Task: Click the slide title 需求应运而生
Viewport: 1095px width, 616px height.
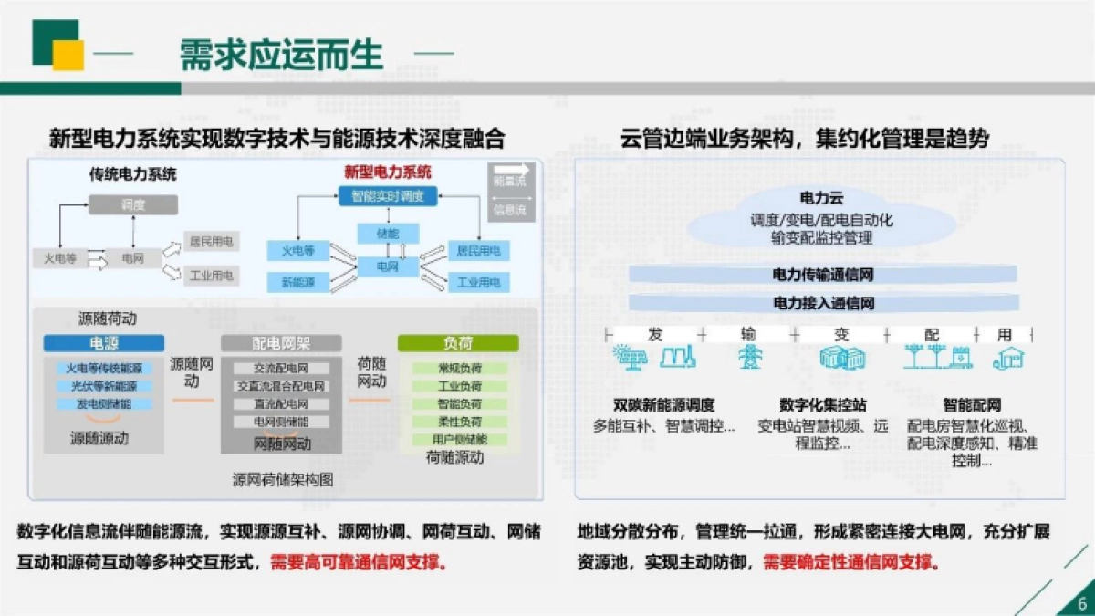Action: pyautogui.click(x=281, y=54)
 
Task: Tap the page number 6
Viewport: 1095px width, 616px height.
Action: pyautogui.click(x=1081, y=602)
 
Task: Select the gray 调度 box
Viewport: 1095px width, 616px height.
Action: pyautogui.click(x=132, y=205)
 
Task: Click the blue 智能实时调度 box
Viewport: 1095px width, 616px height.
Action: pyautogui.click(x=388, y=195)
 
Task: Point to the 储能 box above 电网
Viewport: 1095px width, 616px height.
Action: pyautogui.click(x=388, y=234)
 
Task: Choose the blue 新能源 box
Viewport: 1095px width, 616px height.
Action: pyautogui.click(x=298, y=282)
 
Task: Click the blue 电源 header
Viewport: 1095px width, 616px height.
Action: pyautogui.click(x=103, y=344)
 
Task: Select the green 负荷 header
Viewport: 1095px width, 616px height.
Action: pyautogui.click(x=458, y=344)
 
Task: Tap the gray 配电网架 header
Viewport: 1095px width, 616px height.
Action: pyautogui.click(x=281, y=344)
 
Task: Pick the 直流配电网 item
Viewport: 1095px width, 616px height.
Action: pyautogui.click(x=280, y=403)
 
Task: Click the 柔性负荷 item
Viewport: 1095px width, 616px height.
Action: pyautogui.click(x=459, y=422)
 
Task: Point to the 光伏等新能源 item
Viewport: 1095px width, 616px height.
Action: pyautogui.click(x=104, y=386)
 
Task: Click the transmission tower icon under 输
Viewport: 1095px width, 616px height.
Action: pyautogui.click(x=750, y=357)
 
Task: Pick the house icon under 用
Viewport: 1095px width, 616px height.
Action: pyautogui.click(x=1007, y=357)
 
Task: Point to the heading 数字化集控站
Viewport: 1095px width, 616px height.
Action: pyautogui.click(x=822, y=404)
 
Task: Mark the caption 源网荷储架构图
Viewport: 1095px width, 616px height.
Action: pyautogui.click(x=283, y=478)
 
